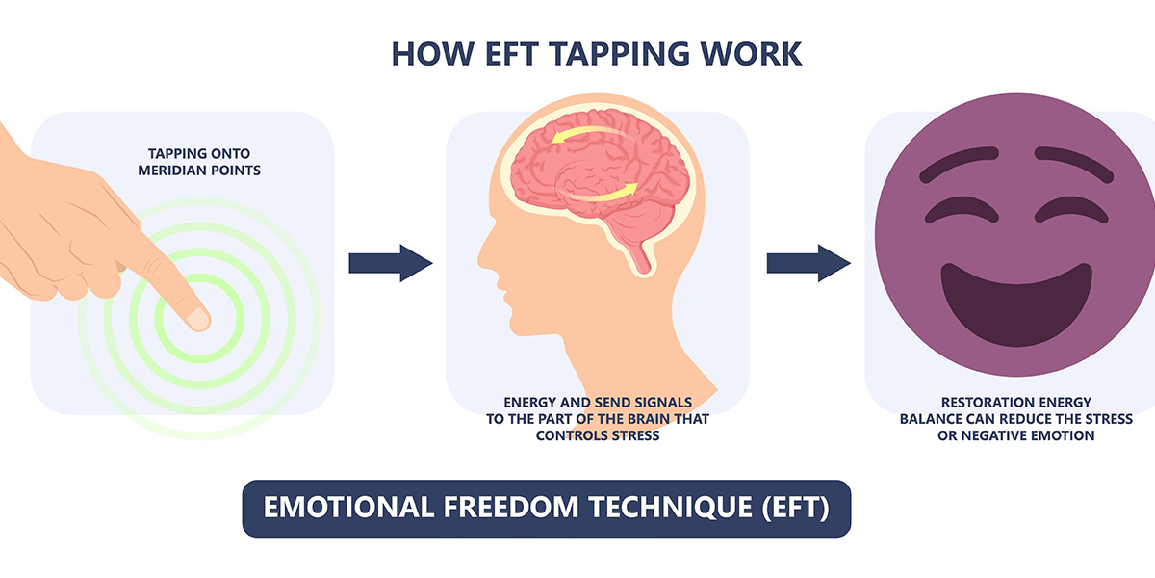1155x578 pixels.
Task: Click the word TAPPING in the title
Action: click(619, 54)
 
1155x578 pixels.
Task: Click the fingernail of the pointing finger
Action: click(197, 319)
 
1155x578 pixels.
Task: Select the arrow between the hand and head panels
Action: click(391, 263)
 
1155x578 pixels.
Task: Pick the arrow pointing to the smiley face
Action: click(808, 263)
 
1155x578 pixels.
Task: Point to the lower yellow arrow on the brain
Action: click(603, 193)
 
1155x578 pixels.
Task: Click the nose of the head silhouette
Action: click(485, 255)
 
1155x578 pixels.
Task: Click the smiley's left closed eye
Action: click(962, 210)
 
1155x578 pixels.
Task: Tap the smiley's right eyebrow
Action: click(1074, 163)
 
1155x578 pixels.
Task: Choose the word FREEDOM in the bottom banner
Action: click(511, 508)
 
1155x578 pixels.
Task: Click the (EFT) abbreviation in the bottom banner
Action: click(796, 508)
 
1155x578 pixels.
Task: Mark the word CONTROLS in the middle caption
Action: click(568, 436)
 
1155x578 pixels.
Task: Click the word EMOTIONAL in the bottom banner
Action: click(348, 508)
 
